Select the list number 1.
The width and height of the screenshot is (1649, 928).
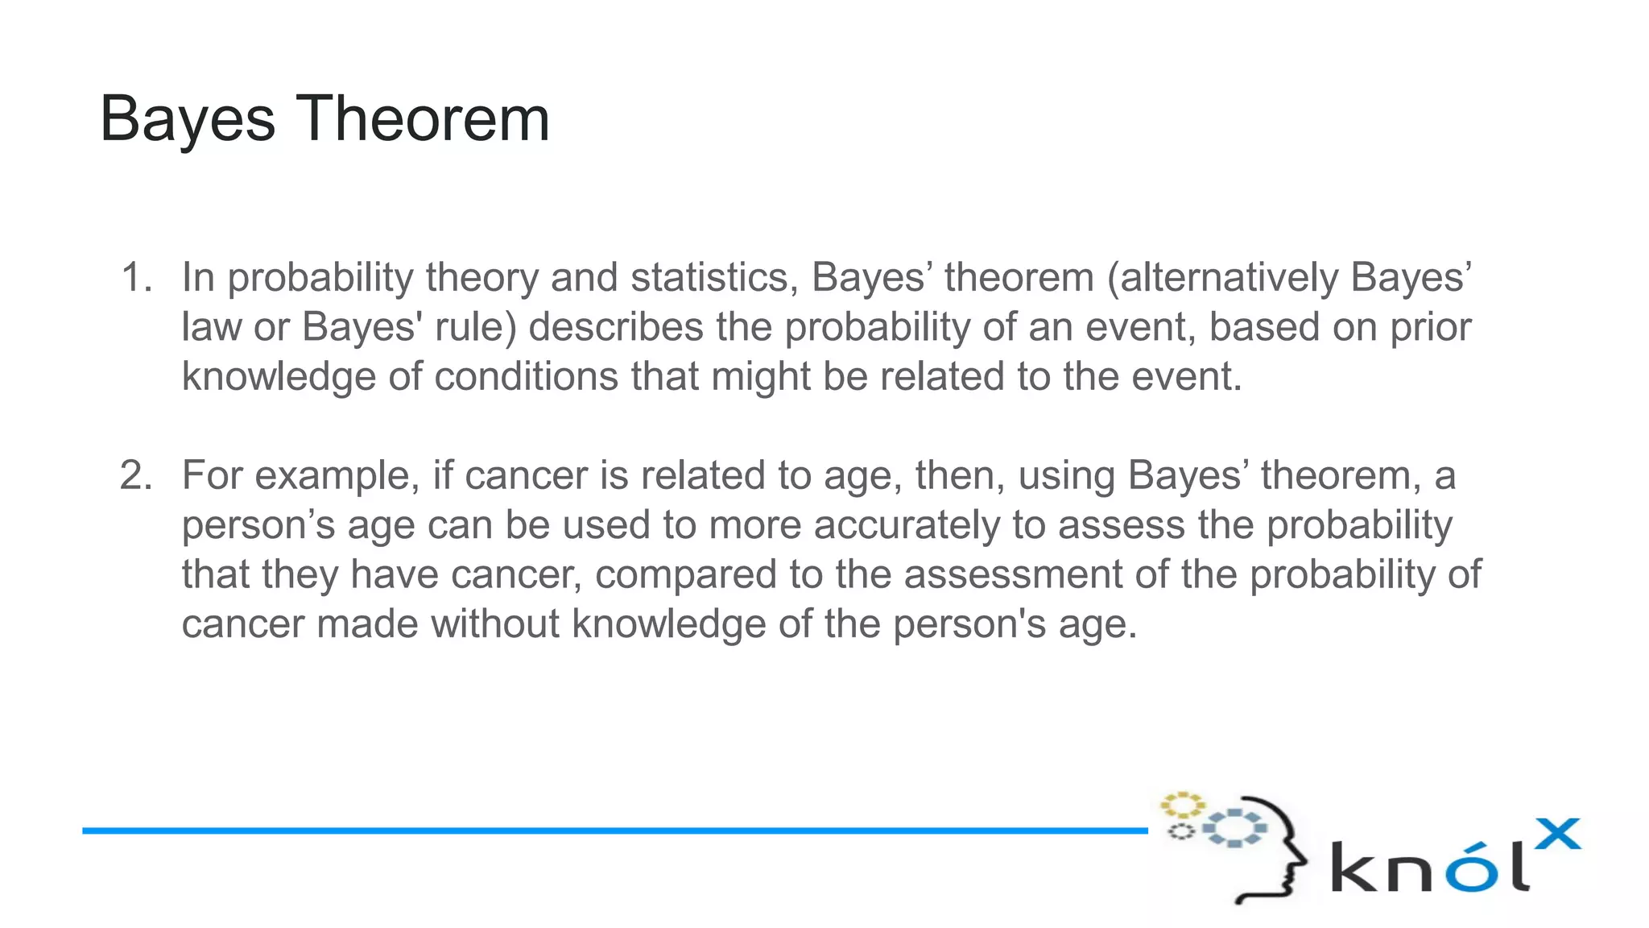tap(135, 278)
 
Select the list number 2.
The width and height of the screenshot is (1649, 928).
tap(135, 475)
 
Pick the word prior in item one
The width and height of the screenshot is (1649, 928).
tap(1430, 328)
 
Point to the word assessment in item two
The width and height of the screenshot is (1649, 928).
tap(1012, 575)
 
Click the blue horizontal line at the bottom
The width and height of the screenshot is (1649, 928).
tap(612, 830)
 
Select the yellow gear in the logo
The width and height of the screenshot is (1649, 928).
tap(1182, 805)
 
